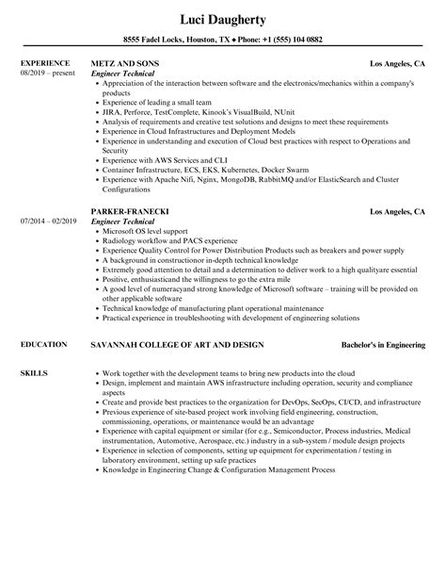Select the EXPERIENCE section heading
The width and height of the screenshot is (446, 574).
(45, 63)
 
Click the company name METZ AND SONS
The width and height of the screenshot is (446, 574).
(126, 63)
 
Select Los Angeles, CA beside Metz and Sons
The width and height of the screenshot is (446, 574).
(397, 63)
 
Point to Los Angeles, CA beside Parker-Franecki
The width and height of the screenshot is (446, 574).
(397, 210)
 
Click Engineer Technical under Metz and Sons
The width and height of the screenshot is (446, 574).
(126, 73)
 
